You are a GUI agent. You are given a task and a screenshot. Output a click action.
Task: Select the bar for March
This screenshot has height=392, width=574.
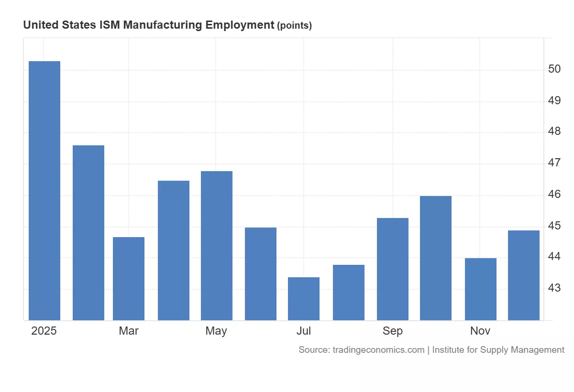tap(129, 278)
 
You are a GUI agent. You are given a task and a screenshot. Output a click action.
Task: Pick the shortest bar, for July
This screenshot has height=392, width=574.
tap(304, 298)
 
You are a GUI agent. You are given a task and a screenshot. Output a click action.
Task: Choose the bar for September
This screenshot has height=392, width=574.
tap(393, 269)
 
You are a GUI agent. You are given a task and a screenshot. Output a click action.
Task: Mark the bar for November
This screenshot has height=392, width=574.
tap(481, 289)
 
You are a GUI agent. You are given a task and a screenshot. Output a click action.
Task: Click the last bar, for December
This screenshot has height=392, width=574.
tap(524, 275)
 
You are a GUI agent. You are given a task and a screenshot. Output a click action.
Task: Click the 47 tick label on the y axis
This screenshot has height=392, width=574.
tap(554, 163)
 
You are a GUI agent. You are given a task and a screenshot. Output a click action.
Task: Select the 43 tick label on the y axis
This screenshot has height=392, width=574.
tap(554, 289)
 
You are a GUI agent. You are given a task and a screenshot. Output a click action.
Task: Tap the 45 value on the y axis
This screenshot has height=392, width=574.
tap(554, 226)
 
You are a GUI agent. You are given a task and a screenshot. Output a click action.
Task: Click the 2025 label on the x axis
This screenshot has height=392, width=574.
tap(44, 331)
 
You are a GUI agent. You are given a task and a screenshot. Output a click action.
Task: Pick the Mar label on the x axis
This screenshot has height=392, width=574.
tap(129, 331)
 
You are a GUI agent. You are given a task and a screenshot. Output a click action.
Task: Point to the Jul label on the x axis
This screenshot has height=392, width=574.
tap(304, 331)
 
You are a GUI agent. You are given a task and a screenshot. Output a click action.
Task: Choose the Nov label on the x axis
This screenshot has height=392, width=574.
tap(480, 331)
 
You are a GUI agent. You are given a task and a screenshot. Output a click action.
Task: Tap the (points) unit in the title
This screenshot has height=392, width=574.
tap(294, 26)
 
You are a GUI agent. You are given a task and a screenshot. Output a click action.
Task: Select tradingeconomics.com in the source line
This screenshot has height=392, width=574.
tap(377, 350)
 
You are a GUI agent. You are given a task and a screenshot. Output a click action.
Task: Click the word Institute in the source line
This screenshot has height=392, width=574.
tap(448, 350)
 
